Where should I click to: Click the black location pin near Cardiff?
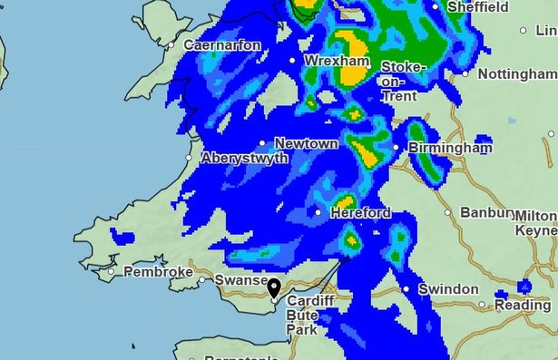click(274, 289)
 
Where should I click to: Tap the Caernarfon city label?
click(222, 44)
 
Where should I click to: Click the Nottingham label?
click(514, 73)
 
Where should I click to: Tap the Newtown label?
click(306, 143)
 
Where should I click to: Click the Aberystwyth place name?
click(244, 158)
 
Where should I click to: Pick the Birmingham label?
click(450, 147)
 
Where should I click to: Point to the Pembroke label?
click(158, 271)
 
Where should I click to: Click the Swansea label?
click(241, 281)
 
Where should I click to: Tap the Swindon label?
click(447, 289)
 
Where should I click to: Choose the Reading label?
click(523, 306)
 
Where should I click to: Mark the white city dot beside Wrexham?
click(293, 61)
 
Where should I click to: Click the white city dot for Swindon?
click(406, 290)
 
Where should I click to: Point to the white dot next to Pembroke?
click(112, 271)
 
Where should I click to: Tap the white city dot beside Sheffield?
click(436, 6)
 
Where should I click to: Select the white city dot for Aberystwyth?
click(190, 158)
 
